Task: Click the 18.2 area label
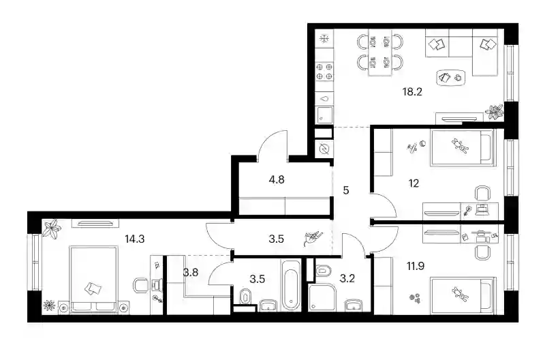point(412,92)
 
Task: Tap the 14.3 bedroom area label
point(134,239)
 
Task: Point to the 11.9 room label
point(416,267)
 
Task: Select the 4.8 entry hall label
point(277,180)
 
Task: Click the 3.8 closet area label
point(191,272)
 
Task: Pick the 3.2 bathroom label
point(347,278)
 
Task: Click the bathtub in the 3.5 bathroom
point(291,285)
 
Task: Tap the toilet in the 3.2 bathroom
point(323,270)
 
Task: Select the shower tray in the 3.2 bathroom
point(322,297)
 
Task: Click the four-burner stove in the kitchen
point(324,72)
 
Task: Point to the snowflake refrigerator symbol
point(324,39)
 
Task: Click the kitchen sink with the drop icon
point(324,98)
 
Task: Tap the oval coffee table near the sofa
point(450,78)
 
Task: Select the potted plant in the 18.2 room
point(494,112)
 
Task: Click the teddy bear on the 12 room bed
point(460,146)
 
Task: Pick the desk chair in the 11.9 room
point(482,252)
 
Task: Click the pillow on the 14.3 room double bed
point(93,288)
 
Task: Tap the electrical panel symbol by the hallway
point(324,149)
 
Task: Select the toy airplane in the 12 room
point(413,148)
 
